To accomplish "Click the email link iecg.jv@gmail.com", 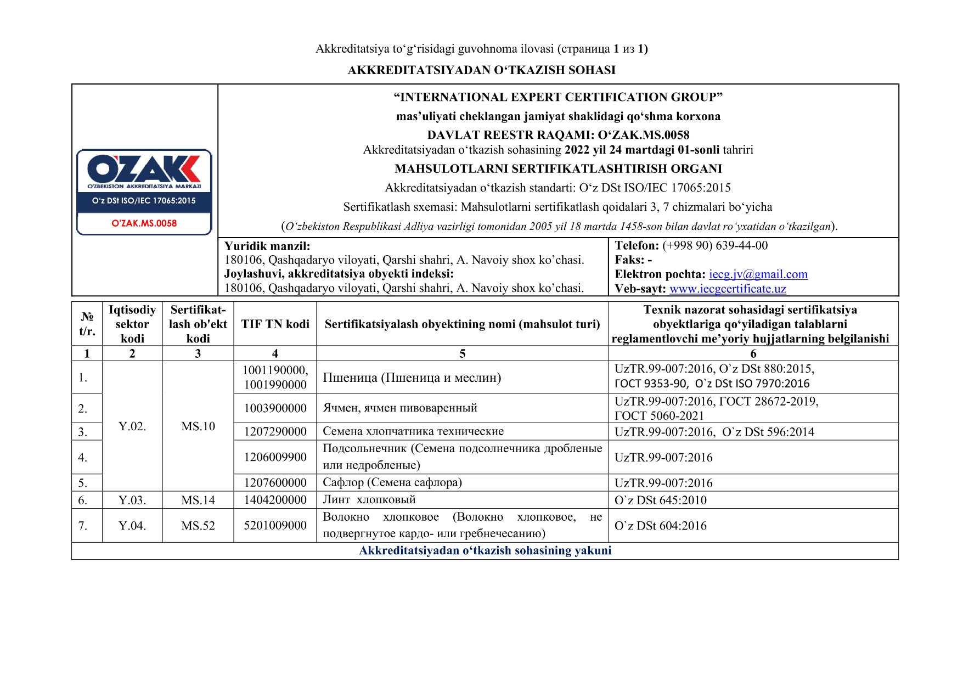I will (758, 274).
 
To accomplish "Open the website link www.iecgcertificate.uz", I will (728, 289).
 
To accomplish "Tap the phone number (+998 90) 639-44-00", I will (715, 246).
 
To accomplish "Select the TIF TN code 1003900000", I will (275, 408).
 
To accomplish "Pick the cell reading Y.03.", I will (132, 500).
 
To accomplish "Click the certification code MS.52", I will (198, 526).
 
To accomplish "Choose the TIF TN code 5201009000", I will (275, 526).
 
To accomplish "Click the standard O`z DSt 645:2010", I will (660, 500).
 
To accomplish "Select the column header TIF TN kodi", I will (275, 324).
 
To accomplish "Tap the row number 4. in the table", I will (83, 457).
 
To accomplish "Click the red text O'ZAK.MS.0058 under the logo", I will (144, 223).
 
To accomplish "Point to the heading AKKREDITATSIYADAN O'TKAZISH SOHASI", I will (481, 70).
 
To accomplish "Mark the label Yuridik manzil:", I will (267, 246).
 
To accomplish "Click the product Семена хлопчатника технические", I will (413, 431).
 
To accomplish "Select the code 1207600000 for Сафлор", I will (275, 483).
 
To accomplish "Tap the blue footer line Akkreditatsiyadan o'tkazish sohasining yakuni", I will (485, 551).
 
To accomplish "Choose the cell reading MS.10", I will (198, 426).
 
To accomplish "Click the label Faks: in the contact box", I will (629, 260).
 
